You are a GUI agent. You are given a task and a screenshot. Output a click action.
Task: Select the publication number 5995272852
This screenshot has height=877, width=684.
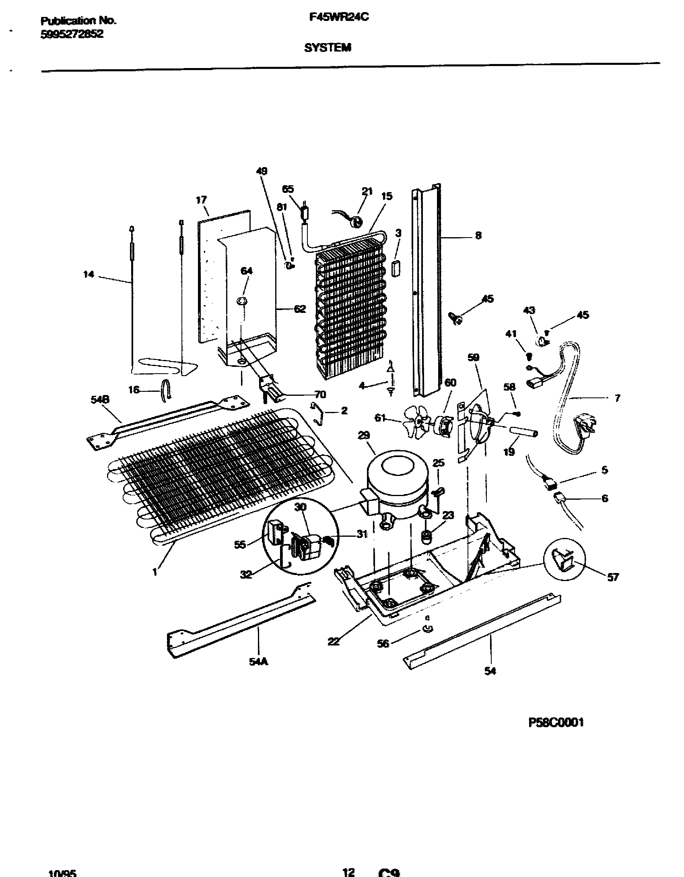click(72, 35)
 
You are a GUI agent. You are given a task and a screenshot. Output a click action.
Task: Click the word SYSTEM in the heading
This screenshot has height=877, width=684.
click(328, 48)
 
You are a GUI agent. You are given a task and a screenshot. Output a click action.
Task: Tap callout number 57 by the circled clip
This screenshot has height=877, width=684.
click(612, 577)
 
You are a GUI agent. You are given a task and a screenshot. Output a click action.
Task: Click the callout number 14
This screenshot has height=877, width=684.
click(89, 274)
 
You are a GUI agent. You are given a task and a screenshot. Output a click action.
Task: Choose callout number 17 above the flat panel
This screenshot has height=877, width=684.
click(201, 200)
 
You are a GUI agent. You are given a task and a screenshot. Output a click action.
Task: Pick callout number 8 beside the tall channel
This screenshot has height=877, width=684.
click(478, 235)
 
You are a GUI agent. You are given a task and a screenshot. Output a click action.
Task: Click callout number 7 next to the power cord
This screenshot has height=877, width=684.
click(617, 398)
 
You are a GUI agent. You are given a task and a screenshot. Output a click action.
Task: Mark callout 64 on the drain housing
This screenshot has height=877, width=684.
click(246, 271)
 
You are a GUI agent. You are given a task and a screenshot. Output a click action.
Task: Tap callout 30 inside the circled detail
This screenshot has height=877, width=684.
click(300, 508)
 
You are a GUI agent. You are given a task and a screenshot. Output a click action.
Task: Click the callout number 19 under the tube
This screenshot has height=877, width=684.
click(509, 452)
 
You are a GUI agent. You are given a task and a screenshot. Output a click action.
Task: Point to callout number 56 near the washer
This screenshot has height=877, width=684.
click(383, 643)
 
